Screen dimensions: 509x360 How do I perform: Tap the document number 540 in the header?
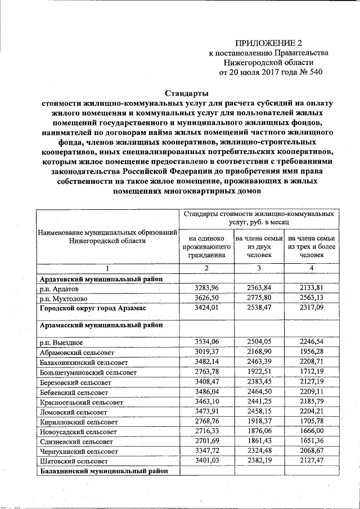[x=315, y=72]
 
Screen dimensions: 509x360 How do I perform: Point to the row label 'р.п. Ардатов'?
[x=62, y=289]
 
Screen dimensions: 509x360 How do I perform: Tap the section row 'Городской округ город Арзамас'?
[x=99, y=309]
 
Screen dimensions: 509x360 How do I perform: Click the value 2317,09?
[x=311, y=308]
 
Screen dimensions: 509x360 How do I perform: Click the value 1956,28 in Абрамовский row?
[x=311, y=352]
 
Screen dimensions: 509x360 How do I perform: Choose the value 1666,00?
[x=311, y=431]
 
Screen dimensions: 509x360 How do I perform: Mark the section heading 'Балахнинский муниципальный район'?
[x=104, y=471]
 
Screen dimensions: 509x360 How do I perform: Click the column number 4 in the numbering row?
[x=311, y=268]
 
